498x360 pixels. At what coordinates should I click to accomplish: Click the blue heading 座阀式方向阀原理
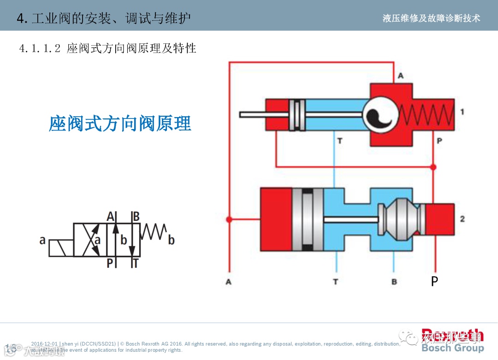[120, 124]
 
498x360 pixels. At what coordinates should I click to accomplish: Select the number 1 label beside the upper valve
[462, 112]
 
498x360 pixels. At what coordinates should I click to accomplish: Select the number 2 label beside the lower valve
[462, 218]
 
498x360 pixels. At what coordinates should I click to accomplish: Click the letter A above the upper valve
[400, 76]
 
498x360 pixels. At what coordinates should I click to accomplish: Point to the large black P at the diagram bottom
[434, 281]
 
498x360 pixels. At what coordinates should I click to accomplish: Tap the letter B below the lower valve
[394, 281]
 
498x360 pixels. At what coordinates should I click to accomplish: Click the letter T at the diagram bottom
[335, 281]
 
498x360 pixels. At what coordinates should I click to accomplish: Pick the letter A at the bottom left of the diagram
[229, 281]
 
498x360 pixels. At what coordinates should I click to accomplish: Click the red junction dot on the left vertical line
[229, 219]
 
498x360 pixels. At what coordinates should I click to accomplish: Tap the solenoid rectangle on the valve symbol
[61, 248]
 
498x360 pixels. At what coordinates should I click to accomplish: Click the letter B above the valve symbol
[136, 216]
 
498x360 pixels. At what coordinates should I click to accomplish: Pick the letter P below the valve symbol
[110, 263]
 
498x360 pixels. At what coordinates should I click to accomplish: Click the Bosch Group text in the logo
[452, 348]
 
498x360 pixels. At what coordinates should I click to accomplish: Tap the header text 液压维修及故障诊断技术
[431, 18]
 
